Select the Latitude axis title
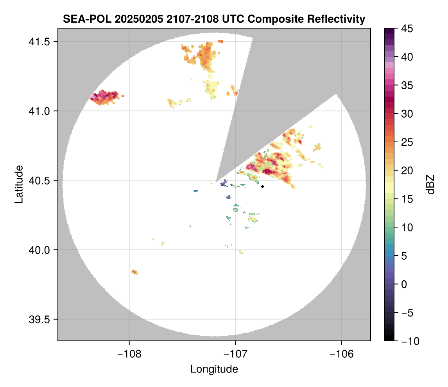[x=18, y=184]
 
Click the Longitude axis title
[x=214, y=369]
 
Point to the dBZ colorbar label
[x=430, y=184]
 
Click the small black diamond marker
[x=263, y=186]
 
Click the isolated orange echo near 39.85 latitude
[x=134, y=272]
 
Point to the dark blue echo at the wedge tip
[x=224, y=183]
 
